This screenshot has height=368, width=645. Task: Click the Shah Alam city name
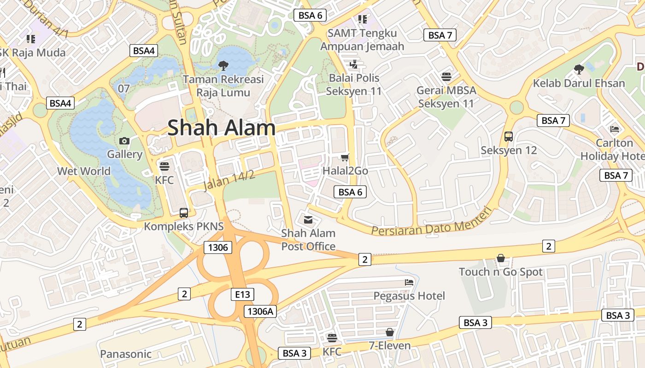tap(222, 127)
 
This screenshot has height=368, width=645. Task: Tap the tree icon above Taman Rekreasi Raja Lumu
tap(223, 65)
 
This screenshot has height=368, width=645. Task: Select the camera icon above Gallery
tap(124, 141)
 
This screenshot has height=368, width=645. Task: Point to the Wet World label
tap(84, 171)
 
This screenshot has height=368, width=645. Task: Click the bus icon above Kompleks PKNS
tap(184, 213)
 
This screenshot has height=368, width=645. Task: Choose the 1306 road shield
tap(218, 247)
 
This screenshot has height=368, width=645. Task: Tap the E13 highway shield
tap(242, 294)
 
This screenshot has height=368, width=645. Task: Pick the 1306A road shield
tap(260, 311)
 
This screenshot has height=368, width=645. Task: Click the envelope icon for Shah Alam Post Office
tap(308, 220)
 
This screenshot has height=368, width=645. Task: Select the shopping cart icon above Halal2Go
tap(345, 157)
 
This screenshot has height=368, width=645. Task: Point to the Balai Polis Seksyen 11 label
tap(354, 85)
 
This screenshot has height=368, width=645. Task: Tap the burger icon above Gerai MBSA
tap(446, 76)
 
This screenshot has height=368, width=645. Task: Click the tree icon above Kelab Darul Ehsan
tap(579, 69)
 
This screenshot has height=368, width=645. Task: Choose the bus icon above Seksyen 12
tap(509, 137)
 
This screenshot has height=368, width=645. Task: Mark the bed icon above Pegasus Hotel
tap(409, 282)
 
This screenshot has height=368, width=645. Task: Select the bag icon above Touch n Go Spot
tap(501, 259)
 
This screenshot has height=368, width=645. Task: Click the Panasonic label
tap(126, 354)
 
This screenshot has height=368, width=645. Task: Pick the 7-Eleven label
tap(390, 345)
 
